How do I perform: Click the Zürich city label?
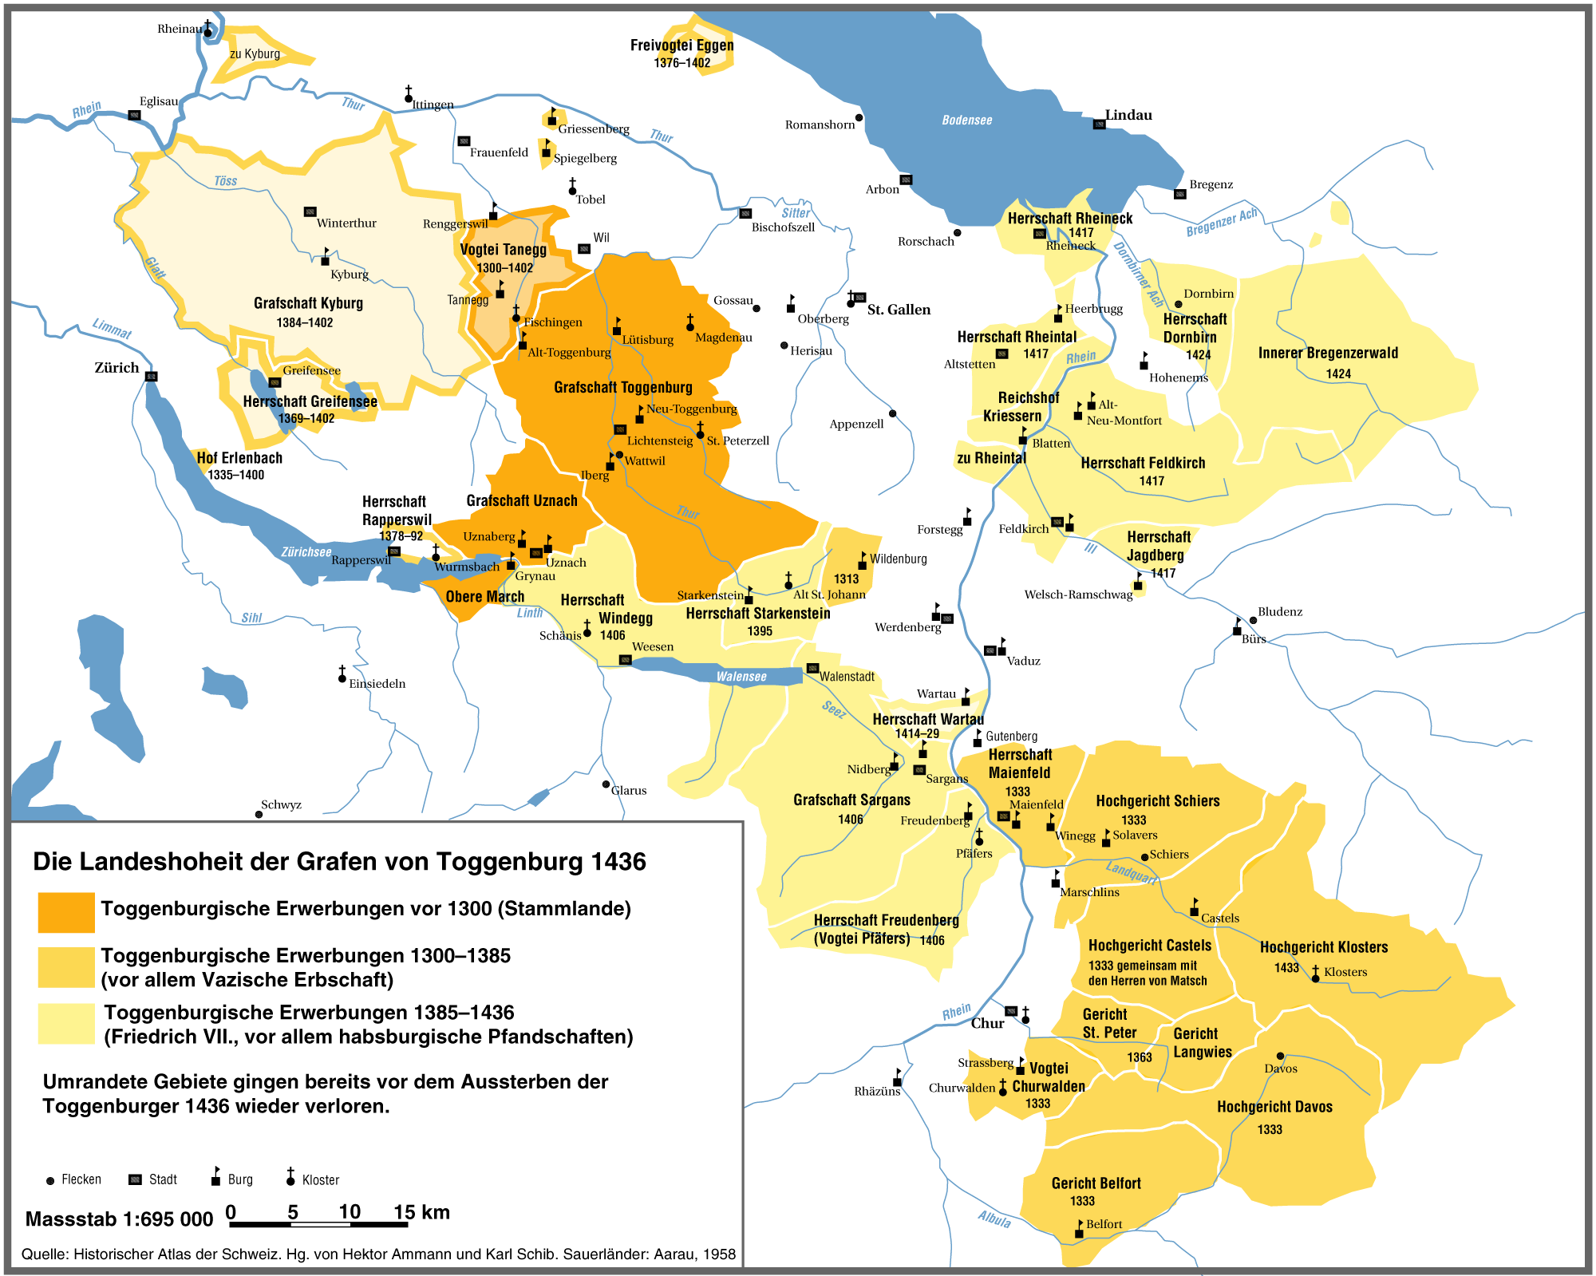[x=117, y=368]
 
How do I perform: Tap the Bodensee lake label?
[x=966, y=120]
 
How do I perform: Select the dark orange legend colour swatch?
[x=66, y=912]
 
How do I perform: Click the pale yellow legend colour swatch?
[x=66, y=1024]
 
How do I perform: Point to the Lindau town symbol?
[x=1099, y=124]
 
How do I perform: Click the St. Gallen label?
[x=899, y=310]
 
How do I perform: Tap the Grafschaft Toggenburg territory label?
[x=623, y=388]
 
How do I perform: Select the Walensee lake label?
[x=741, y=677]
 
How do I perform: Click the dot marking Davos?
[x=1280, y=1056]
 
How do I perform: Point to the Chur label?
[x=987, y=1024]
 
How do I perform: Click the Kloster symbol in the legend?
[x=290, y=1178]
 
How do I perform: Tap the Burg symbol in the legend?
[x=215, y=1178]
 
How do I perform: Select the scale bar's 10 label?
[x=350, y=1212]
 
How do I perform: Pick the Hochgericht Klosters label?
[x=1324, y=947]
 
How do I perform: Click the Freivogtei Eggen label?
[x=681, y=45]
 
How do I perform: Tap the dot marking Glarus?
[x=606, y=784]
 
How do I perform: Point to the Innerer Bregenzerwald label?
[x=1328, y=354]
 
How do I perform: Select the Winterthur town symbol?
[x=310, y=212]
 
